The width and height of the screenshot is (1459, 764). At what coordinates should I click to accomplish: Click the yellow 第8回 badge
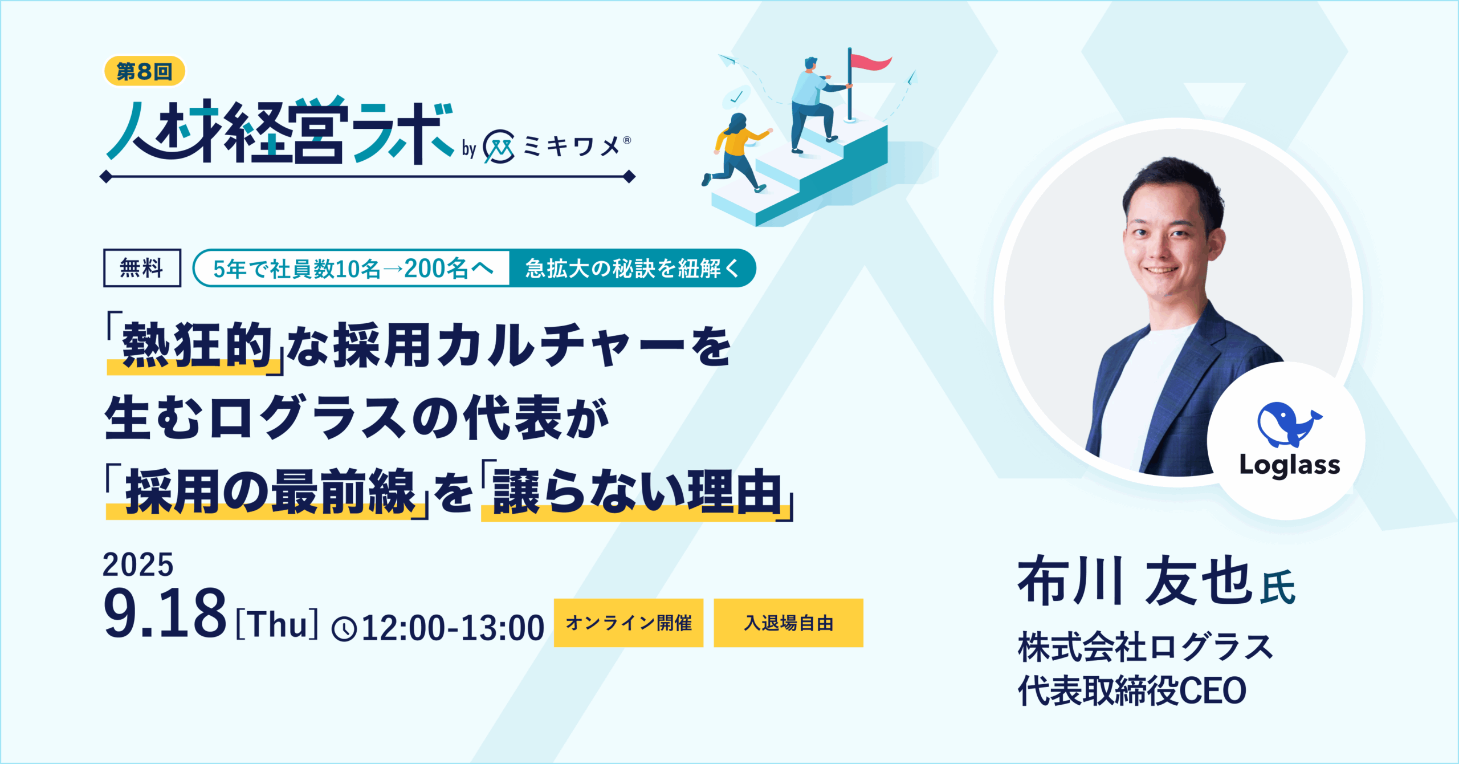tap(145, 71)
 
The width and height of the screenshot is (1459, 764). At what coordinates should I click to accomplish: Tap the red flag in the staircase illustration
tap(871, 62)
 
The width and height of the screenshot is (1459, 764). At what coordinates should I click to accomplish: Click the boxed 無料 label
tap(142, 268)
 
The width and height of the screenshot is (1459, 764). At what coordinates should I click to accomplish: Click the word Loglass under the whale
tap(1290, 466)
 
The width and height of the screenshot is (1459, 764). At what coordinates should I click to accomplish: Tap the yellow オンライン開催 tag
tap(629, 623)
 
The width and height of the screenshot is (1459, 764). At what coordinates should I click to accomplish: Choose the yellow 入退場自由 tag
tap(788, 623)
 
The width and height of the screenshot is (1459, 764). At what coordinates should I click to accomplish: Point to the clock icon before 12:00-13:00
tap(344, 629)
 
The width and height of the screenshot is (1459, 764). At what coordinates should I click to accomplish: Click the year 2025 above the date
tap(138, 565)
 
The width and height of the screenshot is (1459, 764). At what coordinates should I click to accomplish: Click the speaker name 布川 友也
tap(1134, 581)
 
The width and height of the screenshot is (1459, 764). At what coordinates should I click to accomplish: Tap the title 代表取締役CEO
tap(1132, 690)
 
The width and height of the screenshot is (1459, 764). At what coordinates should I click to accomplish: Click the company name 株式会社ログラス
tap(1146, 648)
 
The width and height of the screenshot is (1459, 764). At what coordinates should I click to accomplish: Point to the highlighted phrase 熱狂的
tap(197, 346)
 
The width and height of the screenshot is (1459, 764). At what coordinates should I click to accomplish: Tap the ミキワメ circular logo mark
tap(499, 147)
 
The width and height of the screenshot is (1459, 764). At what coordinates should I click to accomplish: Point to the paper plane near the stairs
tap(727, 59)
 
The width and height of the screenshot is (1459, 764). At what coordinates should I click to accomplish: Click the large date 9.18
tap(165, 613)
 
